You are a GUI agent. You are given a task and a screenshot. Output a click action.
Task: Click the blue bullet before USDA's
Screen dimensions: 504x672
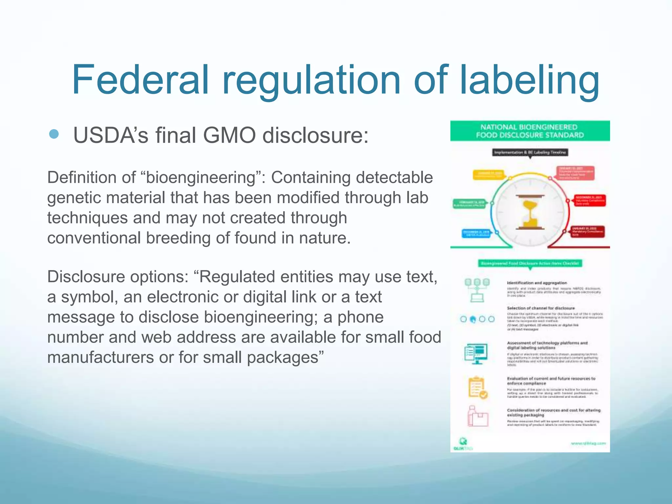click(x=53, y=134)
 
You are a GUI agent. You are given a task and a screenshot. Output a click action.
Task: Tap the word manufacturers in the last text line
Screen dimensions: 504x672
click(x=100, y=357)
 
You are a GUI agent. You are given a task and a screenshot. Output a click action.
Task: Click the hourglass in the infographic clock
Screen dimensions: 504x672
click(x=530, y=212)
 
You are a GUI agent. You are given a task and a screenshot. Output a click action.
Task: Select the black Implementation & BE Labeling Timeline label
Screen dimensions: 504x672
click(x=530, y=152)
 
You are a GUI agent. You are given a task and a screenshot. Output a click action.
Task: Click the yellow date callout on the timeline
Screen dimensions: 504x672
click(x=488, y=175)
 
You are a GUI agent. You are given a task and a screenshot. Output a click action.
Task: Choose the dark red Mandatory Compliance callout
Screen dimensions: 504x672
click(x=587, y=231)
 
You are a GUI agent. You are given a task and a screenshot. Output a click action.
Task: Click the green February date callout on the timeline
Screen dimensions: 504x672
click(x=469, y=204)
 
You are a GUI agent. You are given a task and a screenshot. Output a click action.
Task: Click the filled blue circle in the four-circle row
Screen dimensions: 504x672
click(x=473, y=319)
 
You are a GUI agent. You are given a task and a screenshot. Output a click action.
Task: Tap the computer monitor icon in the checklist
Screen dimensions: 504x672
click(x=476, y=353)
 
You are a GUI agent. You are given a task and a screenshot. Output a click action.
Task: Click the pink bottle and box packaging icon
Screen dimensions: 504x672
click(x=477, y=416)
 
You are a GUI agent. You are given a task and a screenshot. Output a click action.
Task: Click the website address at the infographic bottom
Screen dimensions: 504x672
click(x=588, y=443)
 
